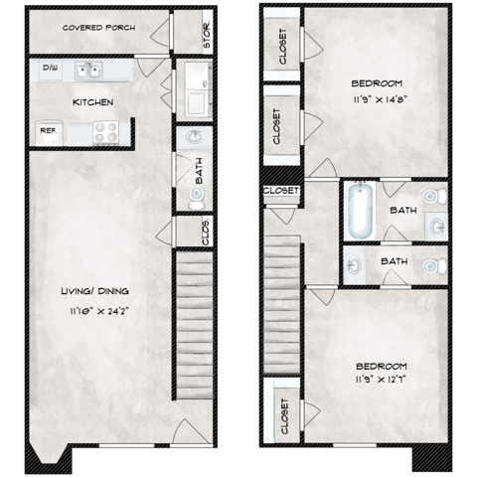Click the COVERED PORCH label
[x=97, y=28]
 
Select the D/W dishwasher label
[x=49, y=69]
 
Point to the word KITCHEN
[x=92, y=102]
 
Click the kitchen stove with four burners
[x=107, y=130]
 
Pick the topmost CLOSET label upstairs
[x=282, y=45]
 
